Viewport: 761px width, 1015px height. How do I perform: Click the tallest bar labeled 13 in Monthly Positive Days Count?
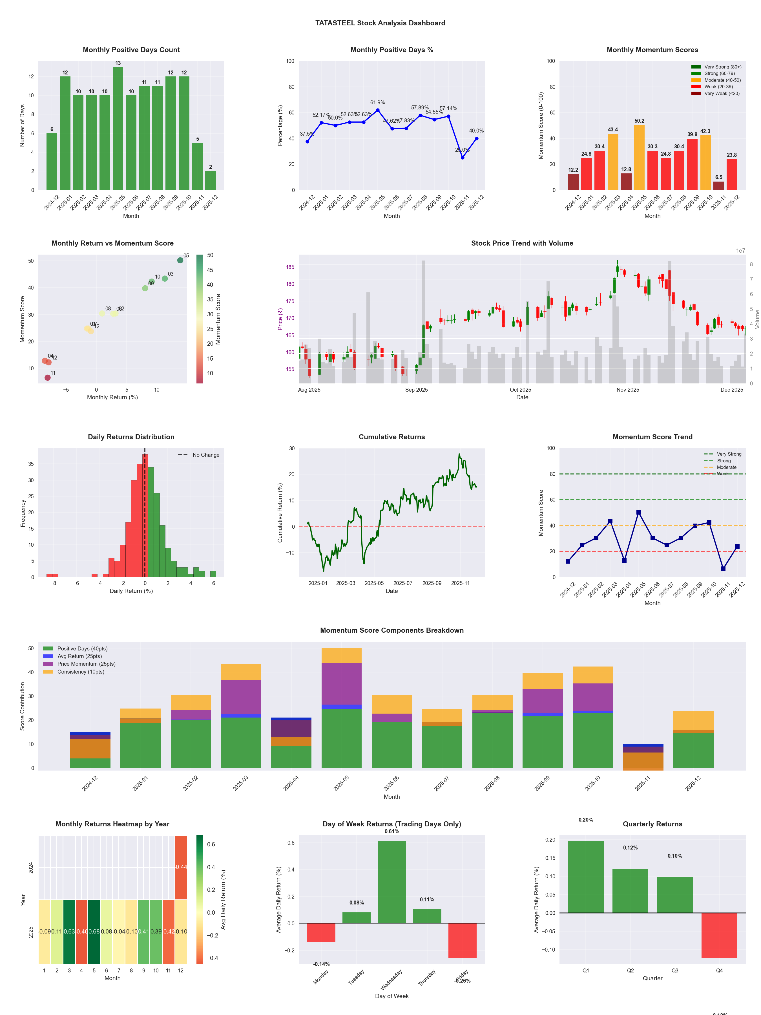pos(118,129)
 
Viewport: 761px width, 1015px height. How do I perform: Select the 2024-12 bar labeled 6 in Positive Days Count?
pos(52,162)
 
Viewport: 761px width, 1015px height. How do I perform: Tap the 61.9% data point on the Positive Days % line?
pos(377,110)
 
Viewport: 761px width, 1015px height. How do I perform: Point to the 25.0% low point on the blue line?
pos(463,157)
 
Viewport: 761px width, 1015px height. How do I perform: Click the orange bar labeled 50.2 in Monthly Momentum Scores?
pos(639,157)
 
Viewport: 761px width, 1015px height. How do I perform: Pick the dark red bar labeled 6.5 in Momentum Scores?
pos(718,186)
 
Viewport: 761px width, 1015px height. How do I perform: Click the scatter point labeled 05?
pos(180,260)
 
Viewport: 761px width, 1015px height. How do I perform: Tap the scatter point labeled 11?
pos(48,378)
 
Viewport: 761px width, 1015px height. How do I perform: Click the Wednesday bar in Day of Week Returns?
pos(392,882)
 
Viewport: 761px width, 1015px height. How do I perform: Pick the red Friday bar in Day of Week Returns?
pos(463,941)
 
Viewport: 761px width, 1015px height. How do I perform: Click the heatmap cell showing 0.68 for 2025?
pos(94,932)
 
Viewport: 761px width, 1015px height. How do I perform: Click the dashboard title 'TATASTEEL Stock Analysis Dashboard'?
pos(380,23)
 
